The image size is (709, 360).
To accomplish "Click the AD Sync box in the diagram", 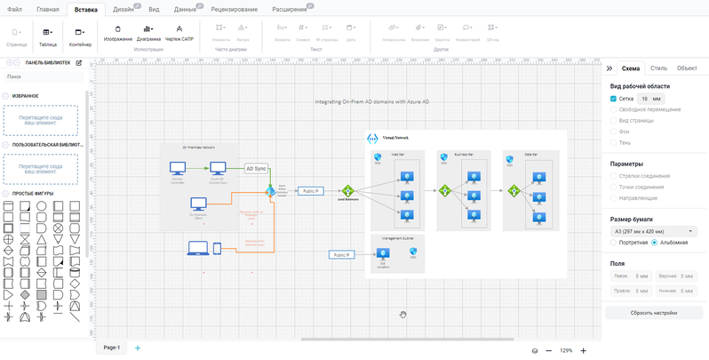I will (x=256, y=168).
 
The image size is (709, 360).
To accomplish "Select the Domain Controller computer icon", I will (x=178, y=168).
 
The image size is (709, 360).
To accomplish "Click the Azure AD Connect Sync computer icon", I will (x=218, y=168).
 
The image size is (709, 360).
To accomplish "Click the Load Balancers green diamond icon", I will (x=347, y=191).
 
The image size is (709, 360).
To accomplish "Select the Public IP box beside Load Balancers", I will (x=310, y=191).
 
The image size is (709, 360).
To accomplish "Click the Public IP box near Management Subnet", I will (x=340, y=255).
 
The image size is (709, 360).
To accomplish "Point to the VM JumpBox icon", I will (x=384, y=255).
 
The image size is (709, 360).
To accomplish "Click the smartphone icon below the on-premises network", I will (x=217, y=249).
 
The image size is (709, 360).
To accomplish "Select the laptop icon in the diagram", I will (x=197, y=249).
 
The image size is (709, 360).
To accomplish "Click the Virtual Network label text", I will (x=394, y=139).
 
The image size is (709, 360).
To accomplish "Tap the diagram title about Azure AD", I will (x=372, y=102).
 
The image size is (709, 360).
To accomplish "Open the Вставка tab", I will (x=86, y=9).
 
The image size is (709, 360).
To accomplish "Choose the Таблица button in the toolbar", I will (x=47, y=36).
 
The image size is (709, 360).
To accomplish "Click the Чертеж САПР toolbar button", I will (x=179, y=34).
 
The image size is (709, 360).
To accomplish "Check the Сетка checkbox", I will (x=613, y=99).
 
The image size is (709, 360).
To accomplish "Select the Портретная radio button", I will (x=613, y=243).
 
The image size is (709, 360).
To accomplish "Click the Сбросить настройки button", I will (x=654, y=313).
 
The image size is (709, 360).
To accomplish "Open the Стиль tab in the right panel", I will (x=658, y=68).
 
